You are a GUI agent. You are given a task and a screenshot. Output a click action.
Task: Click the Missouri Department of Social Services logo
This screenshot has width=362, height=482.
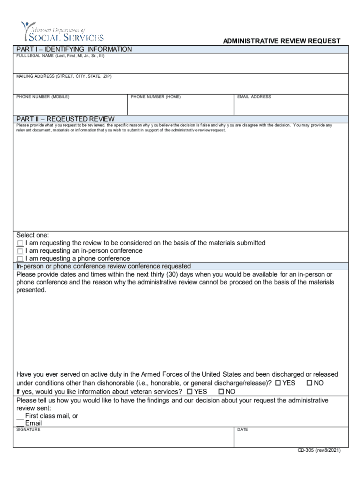[62, 32]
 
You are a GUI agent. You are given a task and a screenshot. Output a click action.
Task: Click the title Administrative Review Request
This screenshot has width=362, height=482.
[282, 41]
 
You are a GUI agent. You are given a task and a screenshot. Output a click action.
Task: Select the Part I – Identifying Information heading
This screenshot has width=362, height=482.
[74, 49]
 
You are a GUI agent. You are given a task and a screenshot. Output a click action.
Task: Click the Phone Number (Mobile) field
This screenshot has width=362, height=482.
[71, 107]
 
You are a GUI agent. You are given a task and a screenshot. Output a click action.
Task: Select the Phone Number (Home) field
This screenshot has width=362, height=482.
[181, 107]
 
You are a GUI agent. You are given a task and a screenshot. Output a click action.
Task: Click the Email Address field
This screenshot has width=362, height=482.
[291, 107]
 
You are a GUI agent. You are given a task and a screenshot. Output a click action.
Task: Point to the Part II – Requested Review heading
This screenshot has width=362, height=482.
[65, 119]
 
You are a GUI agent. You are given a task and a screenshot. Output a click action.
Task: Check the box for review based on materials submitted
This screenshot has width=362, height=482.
[20, 243]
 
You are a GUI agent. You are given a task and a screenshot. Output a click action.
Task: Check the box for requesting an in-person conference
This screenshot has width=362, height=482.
[20, 251]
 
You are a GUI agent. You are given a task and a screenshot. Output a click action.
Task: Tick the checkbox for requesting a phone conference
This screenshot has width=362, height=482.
[20, 259]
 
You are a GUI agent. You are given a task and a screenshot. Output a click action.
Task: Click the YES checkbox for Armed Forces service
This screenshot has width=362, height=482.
[278, 383]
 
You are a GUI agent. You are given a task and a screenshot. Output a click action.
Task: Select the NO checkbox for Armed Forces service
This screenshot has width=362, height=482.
[309, 383]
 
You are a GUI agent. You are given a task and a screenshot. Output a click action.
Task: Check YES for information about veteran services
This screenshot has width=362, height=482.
[189, 392]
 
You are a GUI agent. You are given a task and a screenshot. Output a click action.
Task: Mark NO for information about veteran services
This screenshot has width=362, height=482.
[221, 392]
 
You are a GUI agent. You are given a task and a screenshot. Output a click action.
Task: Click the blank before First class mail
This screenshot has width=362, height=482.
[20, 416]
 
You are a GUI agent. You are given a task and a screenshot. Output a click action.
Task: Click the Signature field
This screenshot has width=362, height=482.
[124, 439]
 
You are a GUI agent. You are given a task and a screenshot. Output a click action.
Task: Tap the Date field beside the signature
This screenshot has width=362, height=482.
[291, 439]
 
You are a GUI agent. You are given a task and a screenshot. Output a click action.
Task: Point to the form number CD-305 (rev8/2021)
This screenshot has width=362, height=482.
[319, 450]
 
